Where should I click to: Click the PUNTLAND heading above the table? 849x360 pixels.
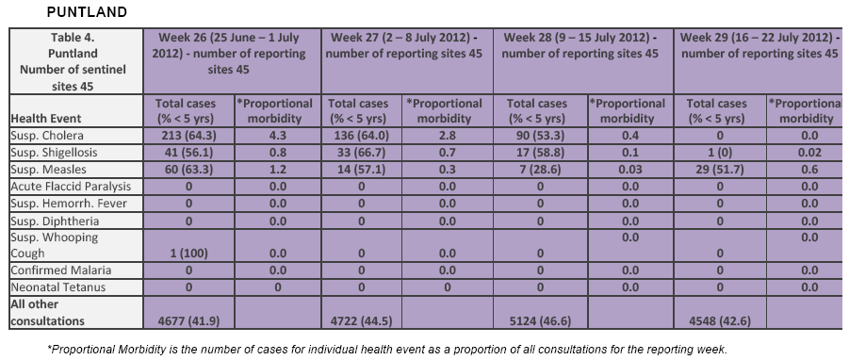click(87, 12)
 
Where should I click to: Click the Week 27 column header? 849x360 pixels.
click(404, 45)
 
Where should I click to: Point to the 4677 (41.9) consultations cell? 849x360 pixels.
click(188, 321)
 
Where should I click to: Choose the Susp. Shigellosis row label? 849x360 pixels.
click(54, 153)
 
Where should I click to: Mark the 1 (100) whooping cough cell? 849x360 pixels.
click(188, 253)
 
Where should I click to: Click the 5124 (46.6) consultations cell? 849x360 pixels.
click(540, 321)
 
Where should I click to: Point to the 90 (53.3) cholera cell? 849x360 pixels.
click(540, 136)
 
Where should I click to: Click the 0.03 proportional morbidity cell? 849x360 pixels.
click(629, 170)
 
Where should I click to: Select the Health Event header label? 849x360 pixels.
click(46, 119)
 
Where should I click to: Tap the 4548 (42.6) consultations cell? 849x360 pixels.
click(720, 321)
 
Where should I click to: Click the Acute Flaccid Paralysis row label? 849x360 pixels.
click(71, 187)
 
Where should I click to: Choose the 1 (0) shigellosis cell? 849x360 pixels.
click(720, 153)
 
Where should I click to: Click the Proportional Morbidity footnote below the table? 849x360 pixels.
click(387, 350)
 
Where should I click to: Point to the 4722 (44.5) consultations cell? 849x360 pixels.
click(361, 321)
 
